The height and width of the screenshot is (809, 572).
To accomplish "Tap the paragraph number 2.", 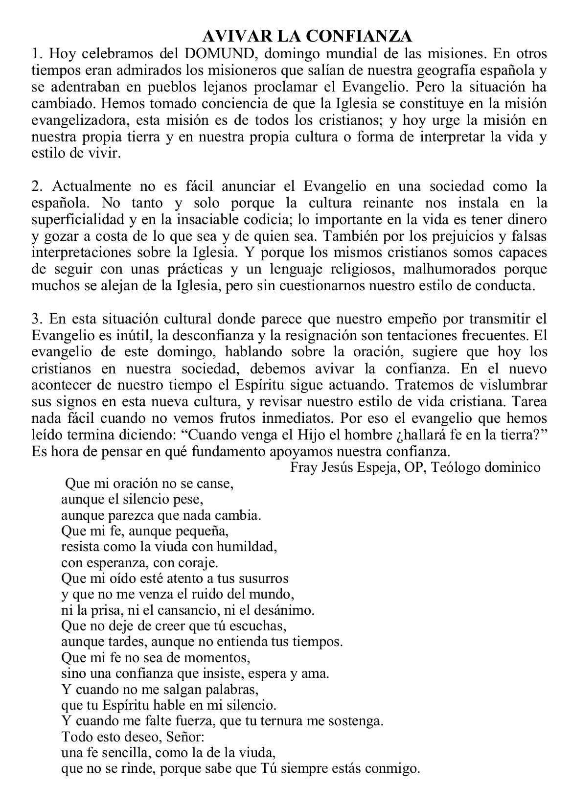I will click(x=36, y=186).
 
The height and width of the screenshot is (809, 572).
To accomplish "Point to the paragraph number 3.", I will click(x=36, y=319).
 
